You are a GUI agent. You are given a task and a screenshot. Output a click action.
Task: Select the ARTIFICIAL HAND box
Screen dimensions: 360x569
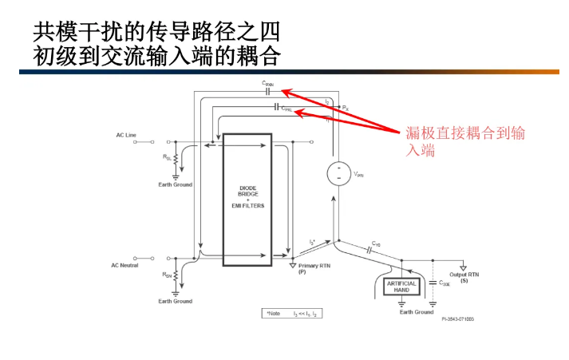click(401, 287)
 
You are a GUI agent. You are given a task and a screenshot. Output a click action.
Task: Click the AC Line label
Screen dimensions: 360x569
click(126, 136)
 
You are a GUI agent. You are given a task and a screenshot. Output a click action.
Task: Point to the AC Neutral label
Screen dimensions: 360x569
click(124, 265)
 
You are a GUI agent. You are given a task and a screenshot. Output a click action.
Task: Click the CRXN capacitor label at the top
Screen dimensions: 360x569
click(267, 84)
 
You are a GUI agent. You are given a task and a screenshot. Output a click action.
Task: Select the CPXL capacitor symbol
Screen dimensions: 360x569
click(276, 107)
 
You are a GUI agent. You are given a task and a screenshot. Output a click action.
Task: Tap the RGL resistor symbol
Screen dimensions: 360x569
click(175, 160)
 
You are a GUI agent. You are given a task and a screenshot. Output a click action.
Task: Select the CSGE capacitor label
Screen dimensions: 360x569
click(445, 283)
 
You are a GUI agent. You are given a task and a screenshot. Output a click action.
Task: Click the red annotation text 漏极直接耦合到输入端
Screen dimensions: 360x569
click(465, 141)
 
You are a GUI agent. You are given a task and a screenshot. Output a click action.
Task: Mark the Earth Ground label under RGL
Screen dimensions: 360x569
click(175, 184)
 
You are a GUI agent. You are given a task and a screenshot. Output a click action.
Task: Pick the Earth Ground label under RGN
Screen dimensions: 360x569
click(175, 301)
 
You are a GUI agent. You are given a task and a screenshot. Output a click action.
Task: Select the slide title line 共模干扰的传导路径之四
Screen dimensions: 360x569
click(156, 33)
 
